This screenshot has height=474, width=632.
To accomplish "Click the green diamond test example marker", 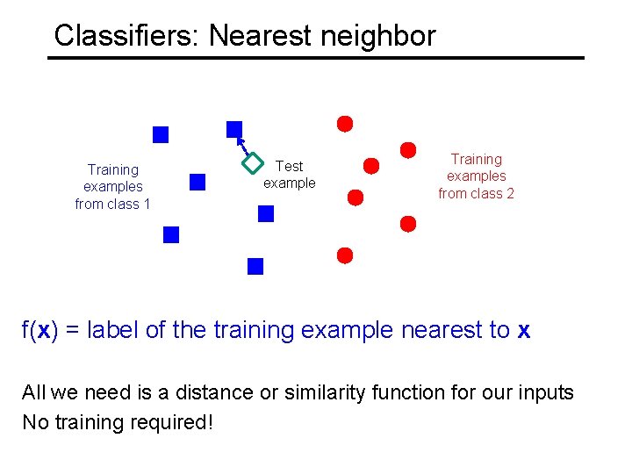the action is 253,162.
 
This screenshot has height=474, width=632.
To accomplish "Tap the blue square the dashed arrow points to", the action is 234,129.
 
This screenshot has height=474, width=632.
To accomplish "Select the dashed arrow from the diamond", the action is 243,145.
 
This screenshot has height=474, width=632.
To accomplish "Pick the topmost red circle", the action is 346,124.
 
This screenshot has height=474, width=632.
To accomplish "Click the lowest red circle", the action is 345,255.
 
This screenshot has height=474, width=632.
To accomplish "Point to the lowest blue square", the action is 255,266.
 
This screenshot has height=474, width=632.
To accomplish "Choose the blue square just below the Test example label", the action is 266,213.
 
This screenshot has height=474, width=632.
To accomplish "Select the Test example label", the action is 289,175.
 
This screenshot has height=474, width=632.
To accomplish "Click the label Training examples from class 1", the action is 113,187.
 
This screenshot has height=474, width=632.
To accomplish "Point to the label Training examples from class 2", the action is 476,176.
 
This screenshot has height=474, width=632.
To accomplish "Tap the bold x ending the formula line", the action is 524,330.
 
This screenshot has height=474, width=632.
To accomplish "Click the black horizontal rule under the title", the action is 316,58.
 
